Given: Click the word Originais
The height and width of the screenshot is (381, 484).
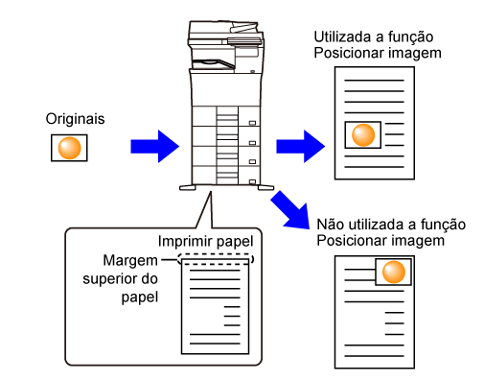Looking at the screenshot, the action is (75, 119).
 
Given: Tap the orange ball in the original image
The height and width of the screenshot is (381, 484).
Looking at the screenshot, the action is (69, 148).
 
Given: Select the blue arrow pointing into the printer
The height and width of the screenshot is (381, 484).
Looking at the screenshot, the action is (155, 146).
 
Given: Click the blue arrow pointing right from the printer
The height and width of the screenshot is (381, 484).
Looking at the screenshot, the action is (301, 146).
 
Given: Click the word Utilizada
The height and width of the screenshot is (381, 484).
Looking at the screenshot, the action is (341, 37).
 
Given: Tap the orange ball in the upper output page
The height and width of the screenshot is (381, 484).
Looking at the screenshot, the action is (363, 134).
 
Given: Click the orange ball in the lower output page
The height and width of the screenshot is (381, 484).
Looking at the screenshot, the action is (394, 272).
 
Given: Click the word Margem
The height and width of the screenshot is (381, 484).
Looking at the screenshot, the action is (130, 261).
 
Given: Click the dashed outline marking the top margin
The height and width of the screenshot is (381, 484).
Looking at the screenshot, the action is (216, 254).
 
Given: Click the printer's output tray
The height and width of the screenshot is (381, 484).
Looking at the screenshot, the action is (214, 63).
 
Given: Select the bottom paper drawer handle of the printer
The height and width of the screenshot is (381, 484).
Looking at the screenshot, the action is (252, 182).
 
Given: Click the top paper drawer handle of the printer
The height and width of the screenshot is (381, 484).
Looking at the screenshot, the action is (252, 123).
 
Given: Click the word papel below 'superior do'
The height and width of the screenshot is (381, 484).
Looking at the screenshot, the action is (140, 298).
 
